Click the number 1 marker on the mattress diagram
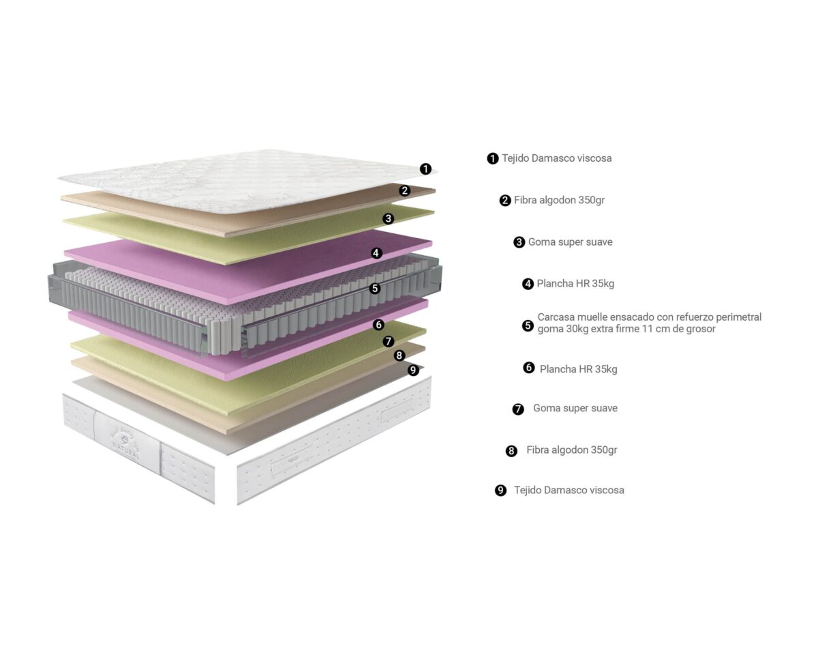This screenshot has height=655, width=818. pos(426,169)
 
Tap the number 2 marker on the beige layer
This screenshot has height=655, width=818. pos(405,190)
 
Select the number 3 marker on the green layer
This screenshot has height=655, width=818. pos(388,218)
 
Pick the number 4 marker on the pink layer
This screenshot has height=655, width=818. pos(376,252)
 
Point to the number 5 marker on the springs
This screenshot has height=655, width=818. pos(375,288)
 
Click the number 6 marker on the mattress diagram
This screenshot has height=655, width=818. pos(378,325)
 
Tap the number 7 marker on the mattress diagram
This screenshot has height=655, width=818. pos(388,341)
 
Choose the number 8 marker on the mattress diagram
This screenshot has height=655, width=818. pos(399,355)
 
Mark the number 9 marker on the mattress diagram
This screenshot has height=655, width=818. pos(413,370)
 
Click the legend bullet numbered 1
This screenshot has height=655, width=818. pos(493,158)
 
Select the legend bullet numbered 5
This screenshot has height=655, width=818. pos(528,325)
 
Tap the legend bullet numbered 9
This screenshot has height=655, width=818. pos(500,490)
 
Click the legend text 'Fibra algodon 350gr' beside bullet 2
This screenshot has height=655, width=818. pos(559,200)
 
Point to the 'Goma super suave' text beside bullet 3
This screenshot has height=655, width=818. pos(570,242)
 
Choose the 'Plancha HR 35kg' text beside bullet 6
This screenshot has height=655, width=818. pos(578,369)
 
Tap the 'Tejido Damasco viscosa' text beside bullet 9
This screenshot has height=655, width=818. pos(569,490)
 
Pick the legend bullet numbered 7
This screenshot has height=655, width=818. pos(517,409)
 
